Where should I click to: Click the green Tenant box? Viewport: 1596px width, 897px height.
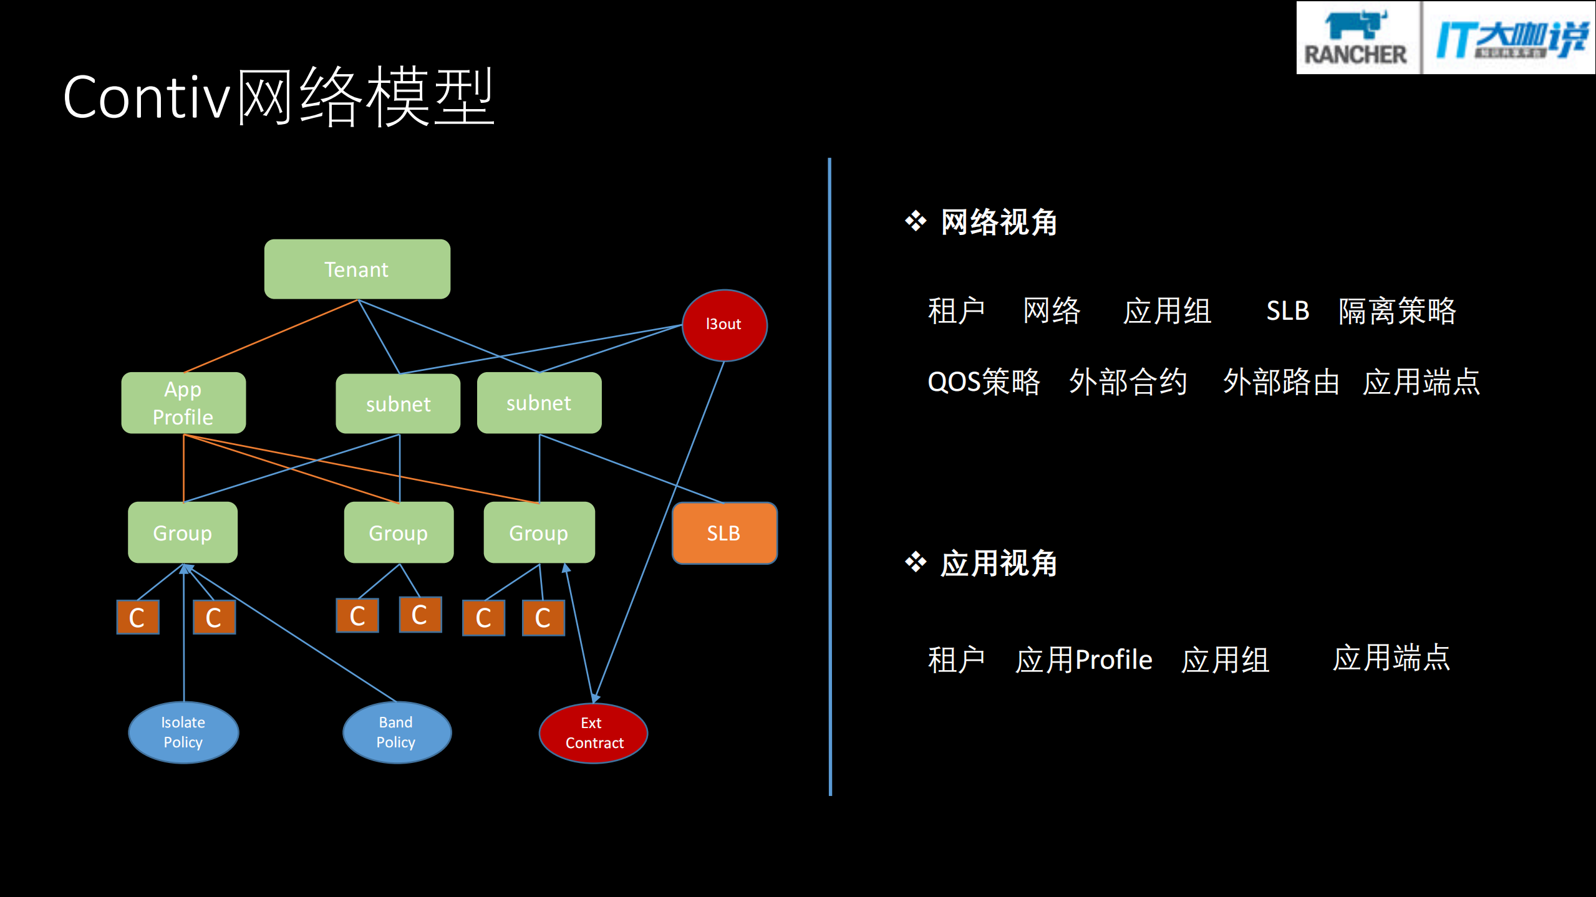(357, 269)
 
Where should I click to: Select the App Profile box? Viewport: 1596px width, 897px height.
(183, 403)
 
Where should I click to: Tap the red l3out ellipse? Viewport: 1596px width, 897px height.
(724, 325)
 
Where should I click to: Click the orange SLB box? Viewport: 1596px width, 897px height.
(724, 533)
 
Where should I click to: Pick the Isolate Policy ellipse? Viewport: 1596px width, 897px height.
(183, 732)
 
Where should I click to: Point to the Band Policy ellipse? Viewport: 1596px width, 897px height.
(397, 732)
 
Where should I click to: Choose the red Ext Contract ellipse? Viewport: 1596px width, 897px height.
(593, 733)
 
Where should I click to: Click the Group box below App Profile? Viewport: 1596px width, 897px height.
(183, 532)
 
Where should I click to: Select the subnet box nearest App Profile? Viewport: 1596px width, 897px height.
(398, 404)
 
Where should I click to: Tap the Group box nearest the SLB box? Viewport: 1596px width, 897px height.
(539, 532)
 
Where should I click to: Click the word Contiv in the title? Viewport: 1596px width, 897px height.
(147, 97)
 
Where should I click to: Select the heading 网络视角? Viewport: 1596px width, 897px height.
(999, 223)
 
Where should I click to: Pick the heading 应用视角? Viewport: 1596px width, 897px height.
(999, 564)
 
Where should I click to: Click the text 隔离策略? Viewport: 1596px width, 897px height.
(1397, 310)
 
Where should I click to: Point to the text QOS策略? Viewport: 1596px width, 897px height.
(984, 381)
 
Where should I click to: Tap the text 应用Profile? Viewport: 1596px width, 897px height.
(1083, 660)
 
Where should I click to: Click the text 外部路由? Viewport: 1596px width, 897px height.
(1281, 381)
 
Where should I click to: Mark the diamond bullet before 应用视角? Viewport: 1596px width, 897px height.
(916, 562)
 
